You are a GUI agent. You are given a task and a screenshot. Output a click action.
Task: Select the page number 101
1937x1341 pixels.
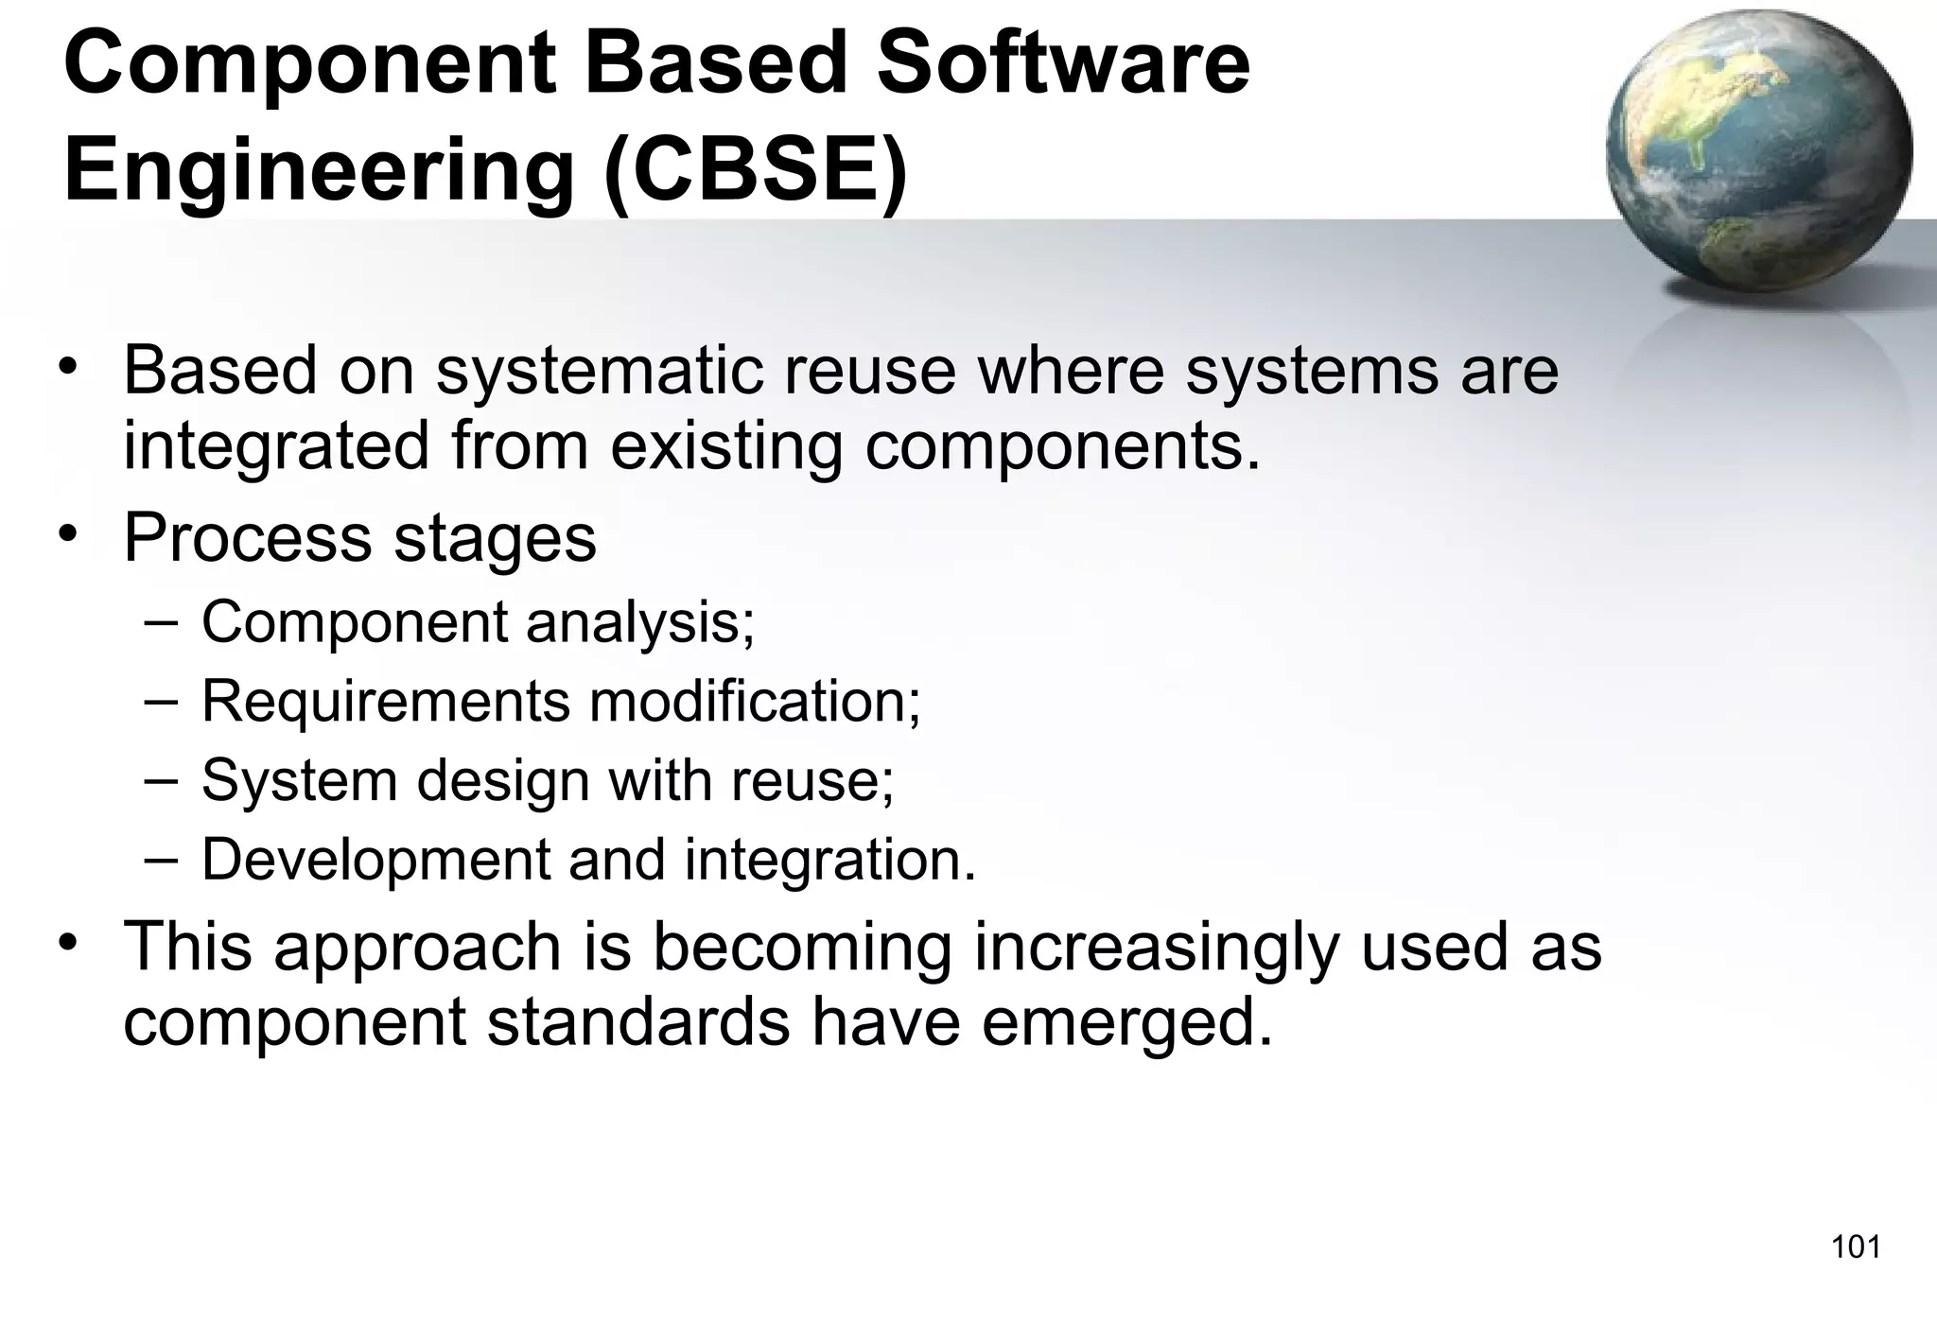coord(1856,1247)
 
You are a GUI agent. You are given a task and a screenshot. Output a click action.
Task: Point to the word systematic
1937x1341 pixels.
coord(599,371)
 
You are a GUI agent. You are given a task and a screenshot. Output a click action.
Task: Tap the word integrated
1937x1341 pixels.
coord(276,448)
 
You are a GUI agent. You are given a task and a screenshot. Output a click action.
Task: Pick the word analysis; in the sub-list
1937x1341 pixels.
coord(640,623)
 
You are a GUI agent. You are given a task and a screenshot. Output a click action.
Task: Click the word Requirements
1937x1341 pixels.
coord(385,703)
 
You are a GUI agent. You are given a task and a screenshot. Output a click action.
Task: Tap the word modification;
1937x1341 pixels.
coord(755,701)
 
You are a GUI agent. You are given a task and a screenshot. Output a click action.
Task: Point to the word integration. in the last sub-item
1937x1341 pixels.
coord(829,860)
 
